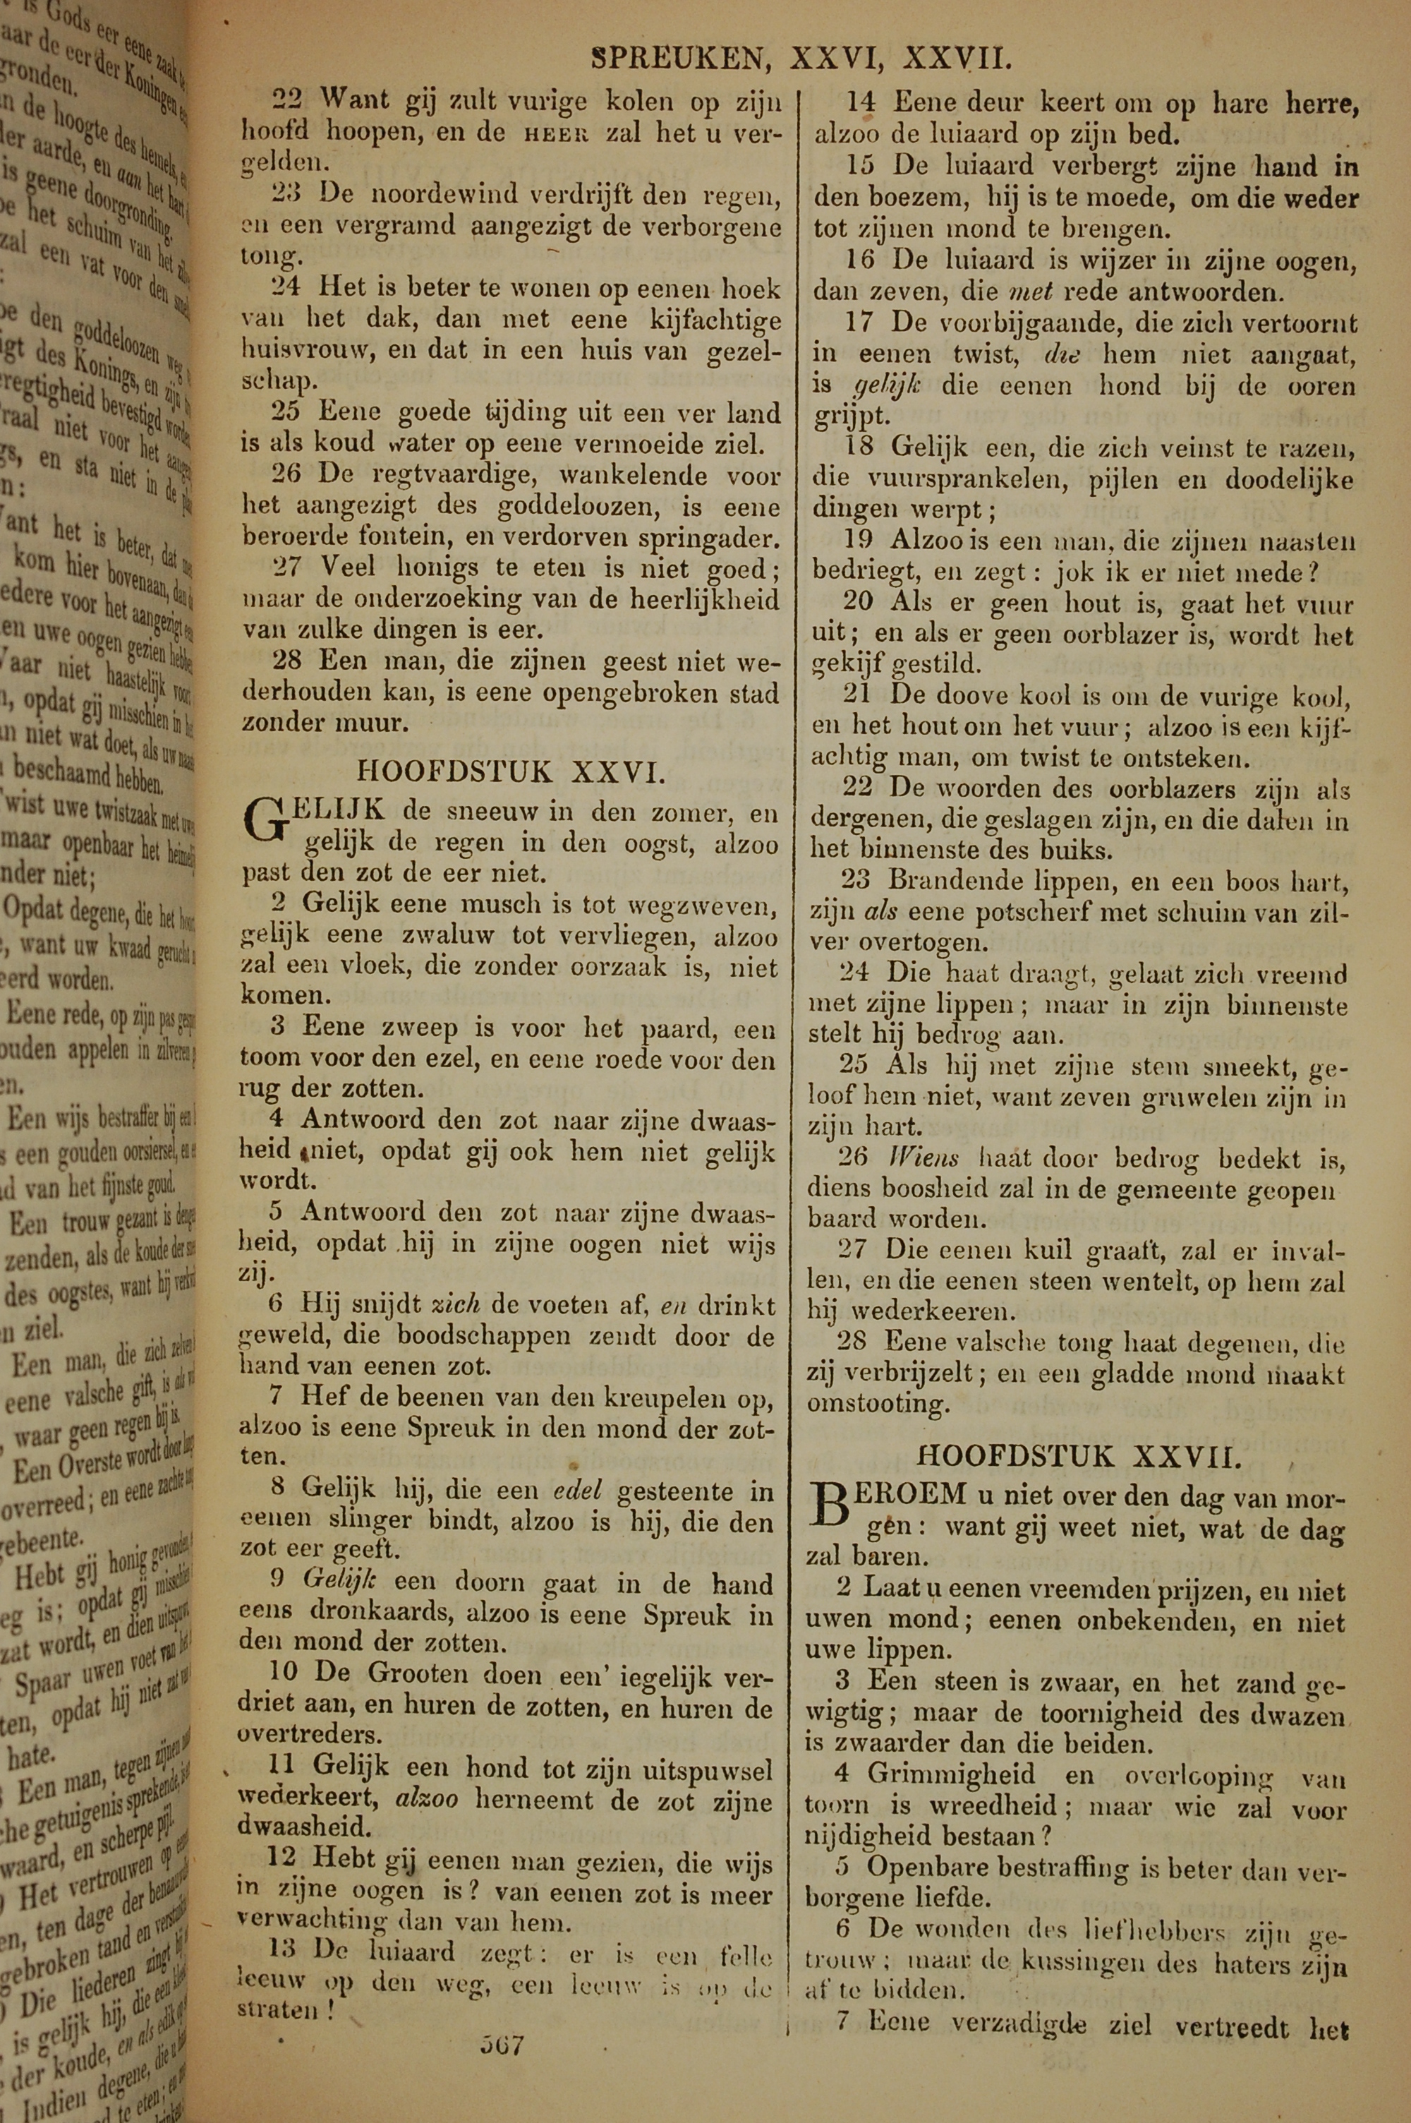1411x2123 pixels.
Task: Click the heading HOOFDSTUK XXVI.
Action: tap(511, 771)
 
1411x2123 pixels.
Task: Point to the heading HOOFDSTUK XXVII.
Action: tap(1080, 1455)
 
